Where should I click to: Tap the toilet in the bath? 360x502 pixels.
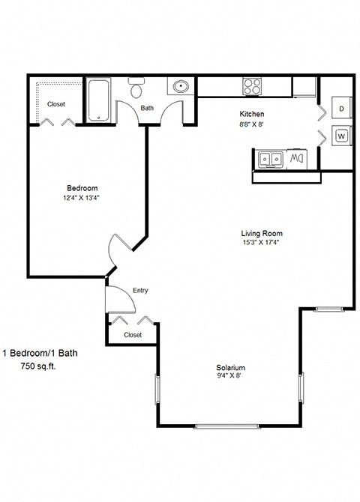[136, 90]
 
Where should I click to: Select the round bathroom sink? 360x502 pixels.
[180, 88]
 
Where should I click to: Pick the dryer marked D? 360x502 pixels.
[341, 109]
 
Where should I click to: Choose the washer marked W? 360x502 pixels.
[341, 136]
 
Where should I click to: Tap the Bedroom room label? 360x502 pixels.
[82, 188]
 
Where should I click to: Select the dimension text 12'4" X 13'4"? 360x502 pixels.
[82, 198]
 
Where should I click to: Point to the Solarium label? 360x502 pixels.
[231, 368]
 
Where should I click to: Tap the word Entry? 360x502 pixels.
[140, 291]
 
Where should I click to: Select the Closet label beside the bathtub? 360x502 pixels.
[56, 104]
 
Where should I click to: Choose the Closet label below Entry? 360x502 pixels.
[133, 335]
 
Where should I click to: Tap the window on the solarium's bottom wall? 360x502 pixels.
[228, 426]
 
